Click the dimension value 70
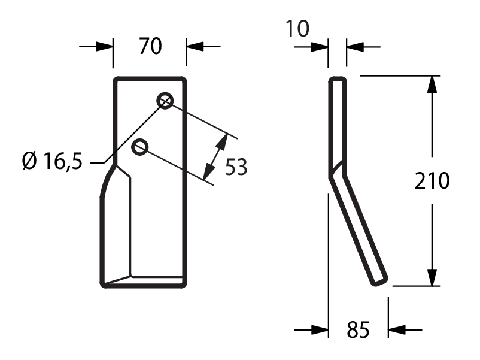click(x=150, y=46)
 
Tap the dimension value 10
click(x=297, y=29)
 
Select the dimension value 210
click(x=432, y=181)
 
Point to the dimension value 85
click(x=358, y=329)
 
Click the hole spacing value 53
click(x=236, y=167)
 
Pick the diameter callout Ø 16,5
click(x=52, y=161)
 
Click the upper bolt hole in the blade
click(x=165, y=101)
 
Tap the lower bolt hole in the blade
click(x=140, y=147)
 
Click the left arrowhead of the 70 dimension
click(x=104, y=47)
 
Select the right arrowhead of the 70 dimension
click(x=195, y=47)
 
